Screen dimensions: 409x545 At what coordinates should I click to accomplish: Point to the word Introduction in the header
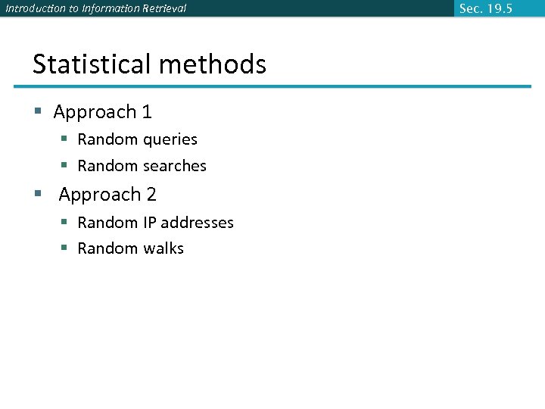click(35, 8)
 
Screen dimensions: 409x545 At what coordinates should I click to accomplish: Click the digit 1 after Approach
click(147, 112)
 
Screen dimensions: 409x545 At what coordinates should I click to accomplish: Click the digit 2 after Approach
click(151, 195)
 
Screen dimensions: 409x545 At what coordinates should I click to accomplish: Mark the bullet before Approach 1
click(38, 113)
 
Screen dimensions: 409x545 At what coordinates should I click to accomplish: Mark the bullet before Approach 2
click(38, 195)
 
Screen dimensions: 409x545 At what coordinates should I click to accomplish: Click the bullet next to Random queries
click(65, 140)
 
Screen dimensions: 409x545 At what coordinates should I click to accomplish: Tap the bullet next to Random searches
click(65, 166)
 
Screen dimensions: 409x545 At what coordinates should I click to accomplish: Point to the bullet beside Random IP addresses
click(65, 223)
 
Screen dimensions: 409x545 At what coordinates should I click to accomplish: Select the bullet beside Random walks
click(65, 248)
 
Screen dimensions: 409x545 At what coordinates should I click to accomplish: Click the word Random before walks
click(108, 248)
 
